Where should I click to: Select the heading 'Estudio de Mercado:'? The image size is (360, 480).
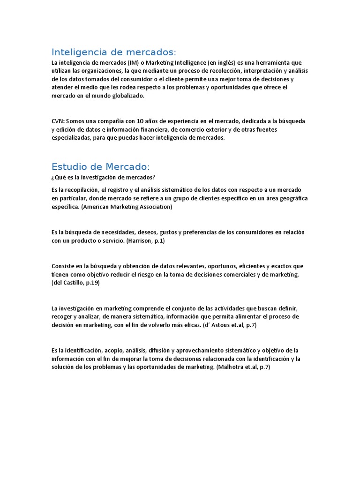coord(101,166)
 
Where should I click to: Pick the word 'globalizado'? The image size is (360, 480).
coord(128,96)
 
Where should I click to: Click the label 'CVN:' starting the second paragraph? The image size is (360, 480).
coord(59,121)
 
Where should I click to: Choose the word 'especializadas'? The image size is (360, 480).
coord(71,138)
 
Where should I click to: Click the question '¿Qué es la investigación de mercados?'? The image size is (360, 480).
coord(104,177)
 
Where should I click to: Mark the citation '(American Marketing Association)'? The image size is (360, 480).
coord(127,207)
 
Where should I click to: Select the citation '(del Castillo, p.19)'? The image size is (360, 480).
coord(75,283)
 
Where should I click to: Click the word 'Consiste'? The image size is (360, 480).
coord(63,266)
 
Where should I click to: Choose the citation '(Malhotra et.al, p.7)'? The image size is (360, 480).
coord(243,367)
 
